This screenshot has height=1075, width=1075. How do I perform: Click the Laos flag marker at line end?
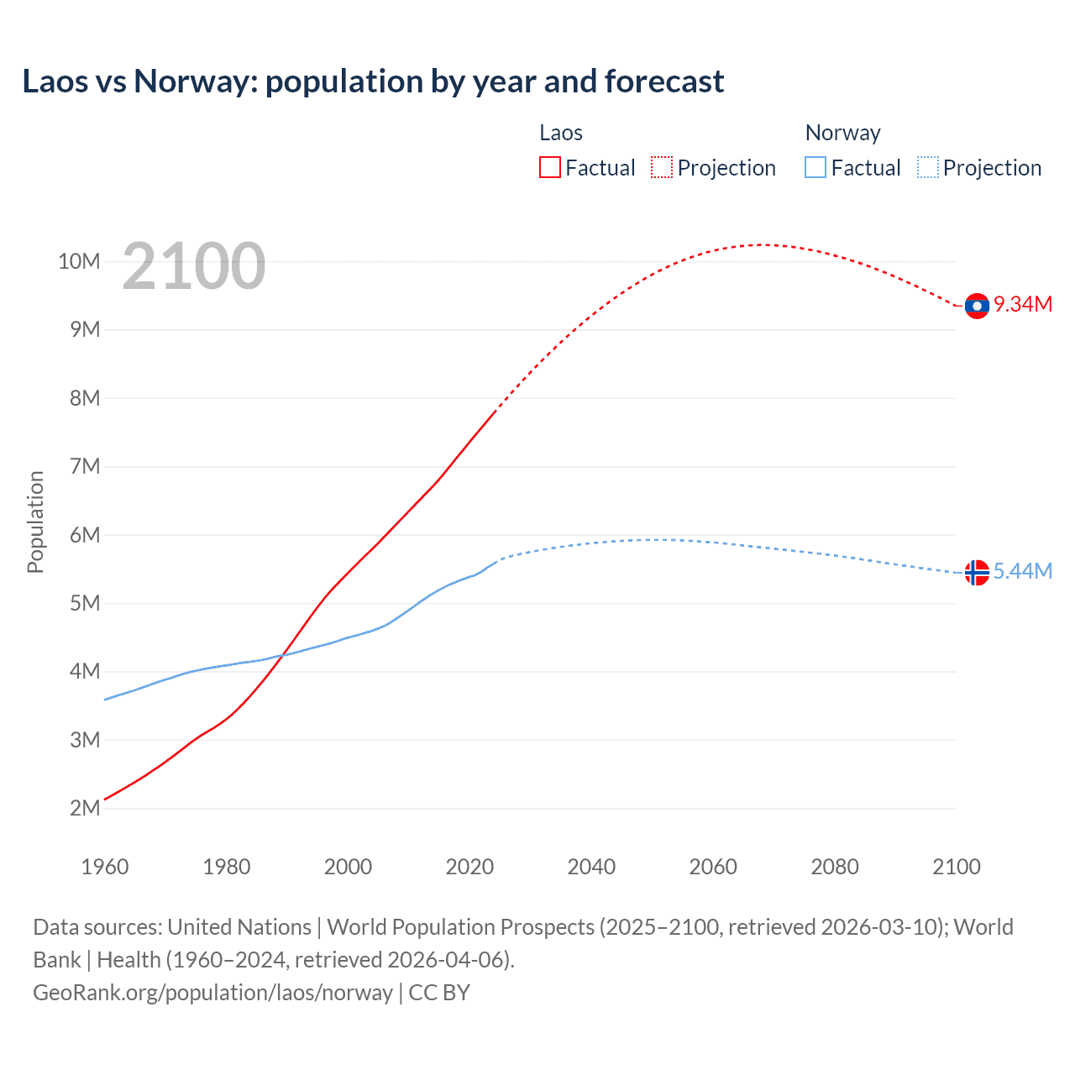click(977, 306)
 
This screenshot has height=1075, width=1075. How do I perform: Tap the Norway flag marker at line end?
click(977, 572)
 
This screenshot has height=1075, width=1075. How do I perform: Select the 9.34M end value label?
click(1023, 304)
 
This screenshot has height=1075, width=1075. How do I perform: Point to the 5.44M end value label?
click(1023, 571)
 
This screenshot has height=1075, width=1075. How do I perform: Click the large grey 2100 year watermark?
click(194, 266)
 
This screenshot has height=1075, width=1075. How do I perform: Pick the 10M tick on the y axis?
click(79, 261)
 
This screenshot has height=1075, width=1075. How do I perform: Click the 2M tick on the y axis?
click(85, 808)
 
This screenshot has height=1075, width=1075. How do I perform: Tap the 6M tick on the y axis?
click(85, 535)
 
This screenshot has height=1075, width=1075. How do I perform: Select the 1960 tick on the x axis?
click(105, 867)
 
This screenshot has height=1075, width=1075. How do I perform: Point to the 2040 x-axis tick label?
click(591, 867)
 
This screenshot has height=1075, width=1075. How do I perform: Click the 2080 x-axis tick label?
click(835, 867)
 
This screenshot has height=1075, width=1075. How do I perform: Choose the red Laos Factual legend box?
click(550, 167)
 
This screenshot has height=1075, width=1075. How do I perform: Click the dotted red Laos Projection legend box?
click(662, 167)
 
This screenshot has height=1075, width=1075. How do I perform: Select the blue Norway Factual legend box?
click(815, 167)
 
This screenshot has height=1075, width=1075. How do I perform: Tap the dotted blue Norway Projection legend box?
click(928, 167)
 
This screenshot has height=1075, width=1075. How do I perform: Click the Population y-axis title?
click(35, 522)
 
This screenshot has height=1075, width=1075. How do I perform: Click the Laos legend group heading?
click(561, 133)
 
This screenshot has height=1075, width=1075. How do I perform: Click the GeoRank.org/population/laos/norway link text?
click(212, 992)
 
